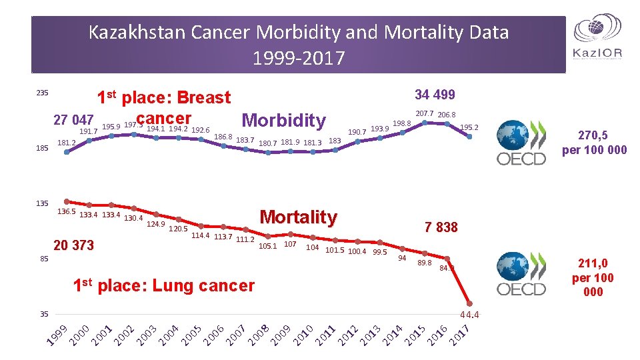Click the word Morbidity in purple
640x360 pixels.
pyautogui.click(x=284, y=121)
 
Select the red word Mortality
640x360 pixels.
pyautogui.click(x=298, y=217)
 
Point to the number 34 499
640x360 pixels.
pyautogui.click(x=435, y=95)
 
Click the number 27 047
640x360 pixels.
pyautogui.click(x=73, y=120)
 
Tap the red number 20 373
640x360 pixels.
pyautogui.click(x=73, y=245)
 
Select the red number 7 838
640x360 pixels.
pyautogui.click(x=441, y=227)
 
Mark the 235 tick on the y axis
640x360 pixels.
pyautogui.click(x=41, y=93)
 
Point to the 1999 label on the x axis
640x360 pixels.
pyautogui.click(x=58, y=335)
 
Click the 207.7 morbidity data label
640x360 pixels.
pyautogui.click(x=425, y=114)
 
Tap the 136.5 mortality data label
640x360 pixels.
pyautogui.click(x=67, y=212)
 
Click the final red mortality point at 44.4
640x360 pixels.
pyautogui.click(x=469, y=303)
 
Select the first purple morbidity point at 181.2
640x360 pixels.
pyautogui.click(x=66, y=152)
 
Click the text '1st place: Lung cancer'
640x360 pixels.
pyautogui.click(x=163, y=286)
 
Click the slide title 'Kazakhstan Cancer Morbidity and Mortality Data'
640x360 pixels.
pyautogui.click(x=299, y=32)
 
